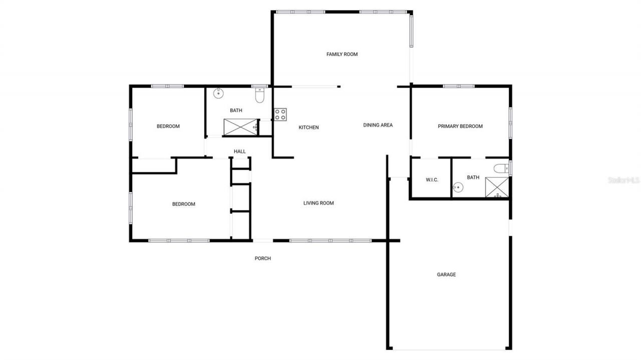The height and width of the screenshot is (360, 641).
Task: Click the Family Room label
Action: point(342,54)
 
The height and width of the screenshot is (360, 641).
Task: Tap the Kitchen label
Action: point(308,128)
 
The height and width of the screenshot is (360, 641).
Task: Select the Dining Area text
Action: point(378,125)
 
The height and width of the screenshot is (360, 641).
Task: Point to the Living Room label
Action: point(318,203)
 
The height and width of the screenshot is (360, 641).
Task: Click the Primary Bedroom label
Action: point(460,126)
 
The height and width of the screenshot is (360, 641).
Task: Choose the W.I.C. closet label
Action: point(432,180)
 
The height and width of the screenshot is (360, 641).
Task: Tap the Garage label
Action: point(446,274)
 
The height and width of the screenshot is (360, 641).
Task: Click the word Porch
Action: point(263,258)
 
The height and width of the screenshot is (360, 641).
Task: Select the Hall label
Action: point(240,151)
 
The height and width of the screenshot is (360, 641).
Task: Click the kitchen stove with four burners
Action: point(280,115)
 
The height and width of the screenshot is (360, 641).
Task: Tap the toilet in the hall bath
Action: point(259,95)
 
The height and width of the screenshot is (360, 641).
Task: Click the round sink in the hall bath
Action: point(219,94)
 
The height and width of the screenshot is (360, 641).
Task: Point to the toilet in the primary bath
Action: point(501,168)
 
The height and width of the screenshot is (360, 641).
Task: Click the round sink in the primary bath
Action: point(457,188)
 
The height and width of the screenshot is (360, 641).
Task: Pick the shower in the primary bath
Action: point(497,188)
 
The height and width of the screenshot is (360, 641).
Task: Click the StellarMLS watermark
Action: point(624,180)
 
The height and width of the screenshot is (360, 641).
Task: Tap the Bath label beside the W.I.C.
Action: point(473,177)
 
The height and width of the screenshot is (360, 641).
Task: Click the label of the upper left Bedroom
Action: point(168,126)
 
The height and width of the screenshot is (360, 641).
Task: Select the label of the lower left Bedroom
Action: point(183,204)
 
